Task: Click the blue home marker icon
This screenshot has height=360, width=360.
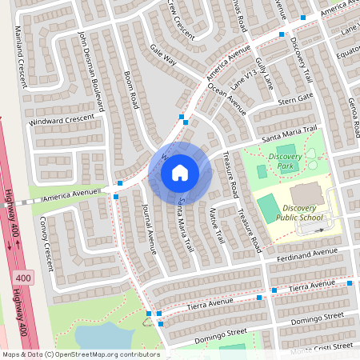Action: point(180,172)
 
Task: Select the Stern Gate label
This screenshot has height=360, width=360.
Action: point(294,98)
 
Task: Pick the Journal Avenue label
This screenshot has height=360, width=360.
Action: point(149,228)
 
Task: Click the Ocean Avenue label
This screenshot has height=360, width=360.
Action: point(226,94)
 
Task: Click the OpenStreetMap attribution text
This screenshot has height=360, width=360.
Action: point(80,354)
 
